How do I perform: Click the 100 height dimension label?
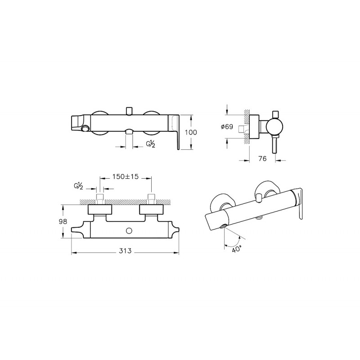191,132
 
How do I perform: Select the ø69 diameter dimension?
227,126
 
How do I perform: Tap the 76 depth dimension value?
262,158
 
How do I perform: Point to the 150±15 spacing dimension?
126,176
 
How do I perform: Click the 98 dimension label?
63,221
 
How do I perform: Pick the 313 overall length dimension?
126,251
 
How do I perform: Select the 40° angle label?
237,249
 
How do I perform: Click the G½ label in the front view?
151,144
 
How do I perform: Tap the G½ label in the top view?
78,186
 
